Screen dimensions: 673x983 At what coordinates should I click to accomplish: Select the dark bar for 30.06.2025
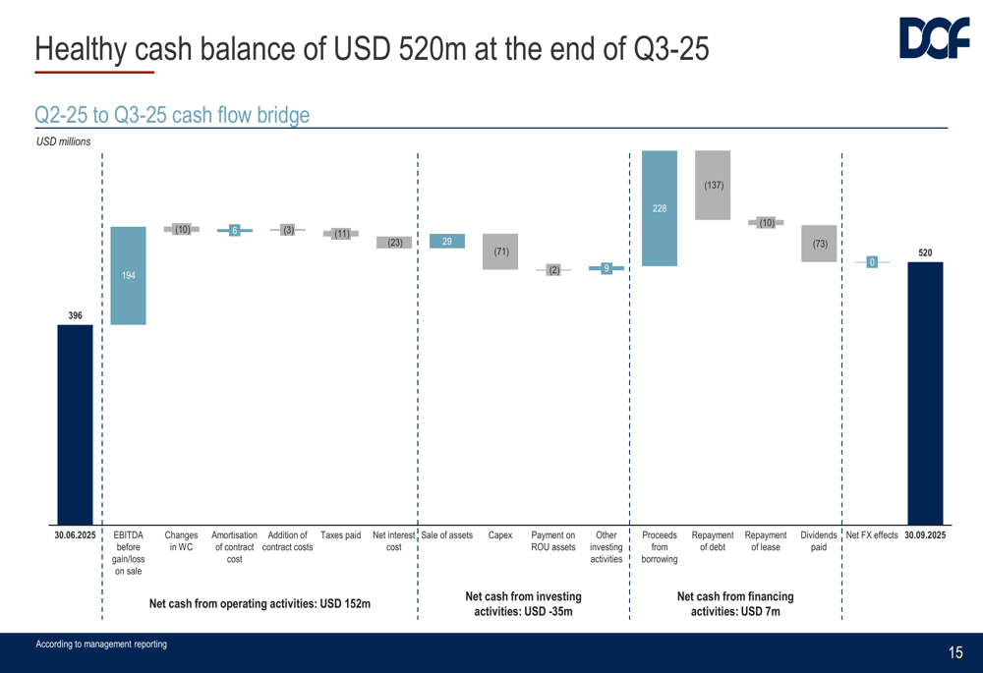[x=75, y=424]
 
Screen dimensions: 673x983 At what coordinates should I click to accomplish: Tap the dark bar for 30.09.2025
[x=925, y=393]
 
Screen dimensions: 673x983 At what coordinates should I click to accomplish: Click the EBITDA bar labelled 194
[x=129, y=276]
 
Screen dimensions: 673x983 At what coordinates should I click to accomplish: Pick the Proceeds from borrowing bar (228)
[x=659, y=208]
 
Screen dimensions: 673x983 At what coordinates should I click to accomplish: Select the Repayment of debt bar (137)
[x=713, y=185]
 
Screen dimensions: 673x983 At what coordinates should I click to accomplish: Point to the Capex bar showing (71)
[x=500, y=252]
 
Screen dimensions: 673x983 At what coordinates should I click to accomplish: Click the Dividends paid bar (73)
[x=819, y=244]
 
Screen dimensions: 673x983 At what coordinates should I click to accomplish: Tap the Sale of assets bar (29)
[x=447, y=242]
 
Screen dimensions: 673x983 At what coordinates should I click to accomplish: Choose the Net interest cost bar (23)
[x=394, y=243]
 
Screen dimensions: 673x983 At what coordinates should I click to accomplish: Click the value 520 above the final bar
[x=925, y=252]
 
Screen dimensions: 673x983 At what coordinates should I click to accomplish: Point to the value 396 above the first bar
[x=75, y=315]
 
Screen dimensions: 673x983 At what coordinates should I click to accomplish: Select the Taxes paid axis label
[x=340, y=535]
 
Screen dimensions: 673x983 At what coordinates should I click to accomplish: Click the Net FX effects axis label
[x=872, y=535]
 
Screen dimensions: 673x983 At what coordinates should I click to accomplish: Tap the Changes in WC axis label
[x=182, y=541]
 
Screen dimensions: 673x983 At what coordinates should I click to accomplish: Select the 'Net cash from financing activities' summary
[x=735, y=604]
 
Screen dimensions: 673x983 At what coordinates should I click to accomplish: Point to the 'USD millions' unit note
[x=63, y=142]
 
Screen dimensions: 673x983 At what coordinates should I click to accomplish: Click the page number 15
[x=955, y=653]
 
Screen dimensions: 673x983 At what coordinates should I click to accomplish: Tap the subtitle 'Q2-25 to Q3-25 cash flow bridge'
[x=171, y=115]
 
